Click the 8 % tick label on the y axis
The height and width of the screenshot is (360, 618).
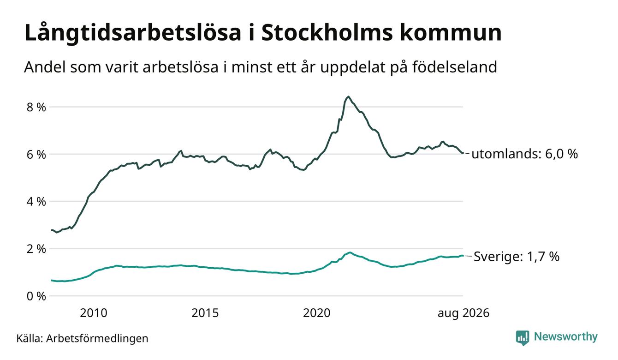[36, 107]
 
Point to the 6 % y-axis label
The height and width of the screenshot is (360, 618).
[36, 155]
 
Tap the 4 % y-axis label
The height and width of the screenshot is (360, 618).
[36, 202]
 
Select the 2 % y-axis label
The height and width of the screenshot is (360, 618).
[36, 249]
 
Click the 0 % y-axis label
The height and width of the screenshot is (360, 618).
[36, 296]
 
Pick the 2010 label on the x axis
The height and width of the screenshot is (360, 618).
[94, 313]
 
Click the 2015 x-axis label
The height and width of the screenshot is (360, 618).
[205, 313]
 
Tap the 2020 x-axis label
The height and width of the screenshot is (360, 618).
[317, 313]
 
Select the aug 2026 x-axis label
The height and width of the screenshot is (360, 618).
[463, 313]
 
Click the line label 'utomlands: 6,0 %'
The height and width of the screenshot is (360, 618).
[524, 154]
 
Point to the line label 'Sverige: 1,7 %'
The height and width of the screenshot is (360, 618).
[517, 257]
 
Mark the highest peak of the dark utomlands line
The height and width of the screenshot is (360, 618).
[349, 96]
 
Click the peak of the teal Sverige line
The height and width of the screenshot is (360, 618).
[350, 252]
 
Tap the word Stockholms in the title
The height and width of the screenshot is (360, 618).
[327, 33]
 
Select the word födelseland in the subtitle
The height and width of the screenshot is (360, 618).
[455, 67]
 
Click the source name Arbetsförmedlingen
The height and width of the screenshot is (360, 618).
[97, 338]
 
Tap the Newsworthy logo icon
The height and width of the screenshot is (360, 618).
[523, 338]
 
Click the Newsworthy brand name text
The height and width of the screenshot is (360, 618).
[566, 337]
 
